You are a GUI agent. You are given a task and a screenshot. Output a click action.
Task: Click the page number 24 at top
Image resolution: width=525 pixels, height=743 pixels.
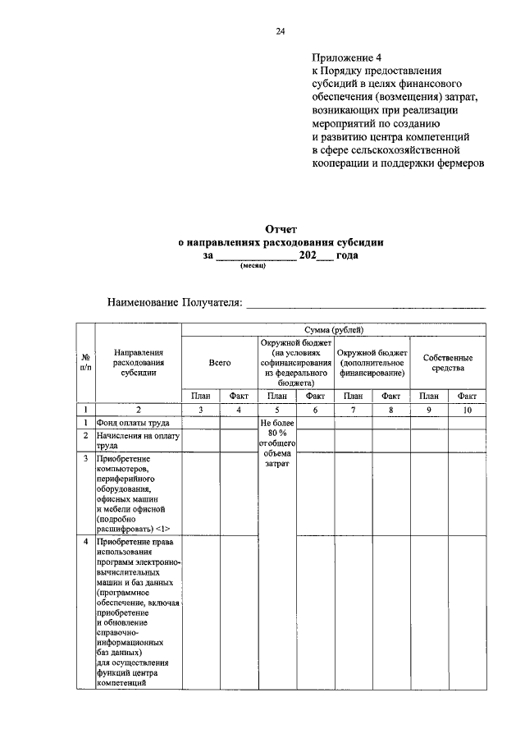(x=281, y=31)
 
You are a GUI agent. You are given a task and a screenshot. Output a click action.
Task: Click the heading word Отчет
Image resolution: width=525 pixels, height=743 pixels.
(x=281, y=229)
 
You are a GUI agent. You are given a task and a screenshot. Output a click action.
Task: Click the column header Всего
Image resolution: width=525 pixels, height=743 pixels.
(x=219, y=361)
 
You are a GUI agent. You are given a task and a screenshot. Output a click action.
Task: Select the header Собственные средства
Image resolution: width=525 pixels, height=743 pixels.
(x=448, y=362)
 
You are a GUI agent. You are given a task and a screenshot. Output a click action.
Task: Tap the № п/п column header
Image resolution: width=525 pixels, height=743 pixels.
(x=85, y=361)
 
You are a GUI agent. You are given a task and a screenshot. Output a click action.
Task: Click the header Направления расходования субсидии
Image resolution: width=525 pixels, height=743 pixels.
(x=137, y=361)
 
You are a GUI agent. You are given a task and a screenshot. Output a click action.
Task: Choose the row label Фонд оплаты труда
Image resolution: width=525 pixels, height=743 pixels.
(x=131, y=422)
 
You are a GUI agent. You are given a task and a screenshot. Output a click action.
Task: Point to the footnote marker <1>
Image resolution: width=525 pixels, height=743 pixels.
(x=162, y=530)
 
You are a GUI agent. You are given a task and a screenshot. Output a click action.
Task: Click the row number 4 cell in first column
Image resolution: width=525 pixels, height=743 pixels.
(x=85, y=543)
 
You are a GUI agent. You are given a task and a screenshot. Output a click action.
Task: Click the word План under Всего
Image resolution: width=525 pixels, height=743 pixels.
(x=200, y=396)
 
